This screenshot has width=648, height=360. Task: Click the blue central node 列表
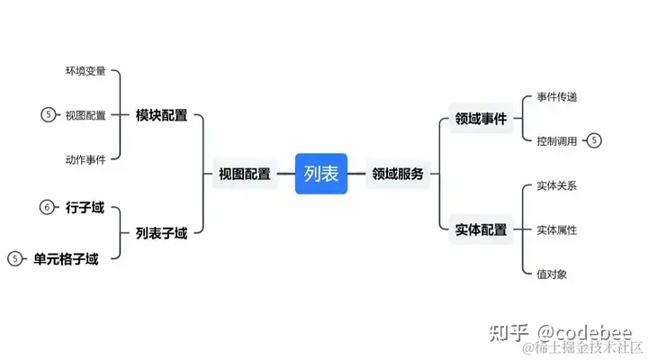[321, 174]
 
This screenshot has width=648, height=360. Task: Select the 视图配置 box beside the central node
[244, 175]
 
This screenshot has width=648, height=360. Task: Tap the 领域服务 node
[397, 175]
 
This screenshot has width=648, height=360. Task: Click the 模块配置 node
[161, 115]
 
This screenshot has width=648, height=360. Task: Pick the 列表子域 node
[161, 233]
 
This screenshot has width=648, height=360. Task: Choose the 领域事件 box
[481, 119]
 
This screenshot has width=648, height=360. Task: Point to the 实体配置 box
[481, 229]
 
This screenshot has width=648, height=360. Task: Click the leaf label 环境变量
[85, 71]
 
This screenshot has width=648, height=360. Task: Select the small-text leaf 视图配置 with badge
[85, 115]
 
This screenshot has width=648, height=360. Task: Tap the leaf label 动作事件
[85, 159]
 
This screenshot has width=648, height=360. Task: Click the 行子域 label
[85, 208]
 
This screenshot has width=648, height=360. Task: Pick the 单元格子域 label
[66, 259]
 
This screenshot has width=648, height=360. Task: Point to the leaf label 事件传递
[557, 97]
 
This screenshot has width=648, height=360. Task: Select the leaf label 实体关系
[557, 186]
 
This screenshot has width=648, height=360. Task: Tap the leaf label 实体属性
[557, 229]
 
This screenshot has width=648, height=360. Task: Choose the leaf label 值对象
[552, 274]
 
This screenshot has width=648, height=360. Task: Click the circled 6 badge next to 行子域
[48, 208]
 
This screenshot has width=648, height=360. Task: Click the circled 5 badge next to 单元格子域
[14, 259]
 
